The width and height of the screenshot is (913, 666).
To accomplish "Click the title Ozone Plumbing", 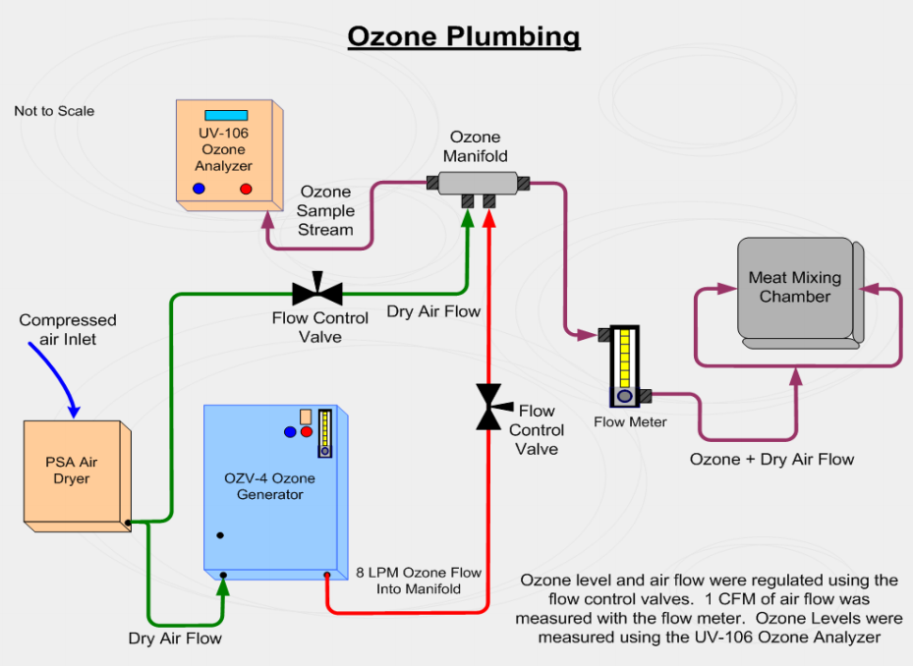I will (464, 37).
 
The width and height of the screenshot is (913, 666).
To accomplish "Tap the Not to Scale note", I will (54, 111).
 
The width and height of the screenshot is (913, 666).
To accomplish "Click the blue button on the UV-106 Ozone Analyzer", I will (199, 189).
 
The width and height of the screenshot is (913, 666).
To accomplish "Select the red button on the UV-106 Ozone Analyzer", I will (246, 189).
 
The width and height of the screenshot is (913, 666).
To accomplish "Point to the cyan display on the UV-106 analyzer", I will (225, 115).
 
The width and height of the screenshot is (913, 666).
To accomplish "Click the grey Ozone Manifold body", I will (477, 183).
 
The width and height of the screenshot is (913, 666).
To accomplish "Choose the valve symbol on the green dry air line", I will (317, 292).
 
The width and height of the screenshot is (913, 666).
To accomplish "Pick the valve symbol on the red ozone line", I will (489, 407).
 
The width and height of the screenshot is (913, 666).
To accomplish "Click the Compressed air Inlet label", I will (68, 329).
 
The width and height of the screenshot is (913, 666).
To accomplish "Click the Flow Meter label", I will (630, 422).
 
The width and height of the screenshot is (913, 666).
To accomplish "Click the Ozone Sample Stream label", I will (326, 211).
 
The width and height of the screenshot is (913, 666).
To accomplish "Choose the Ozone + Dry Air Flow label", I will (771, 459).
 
